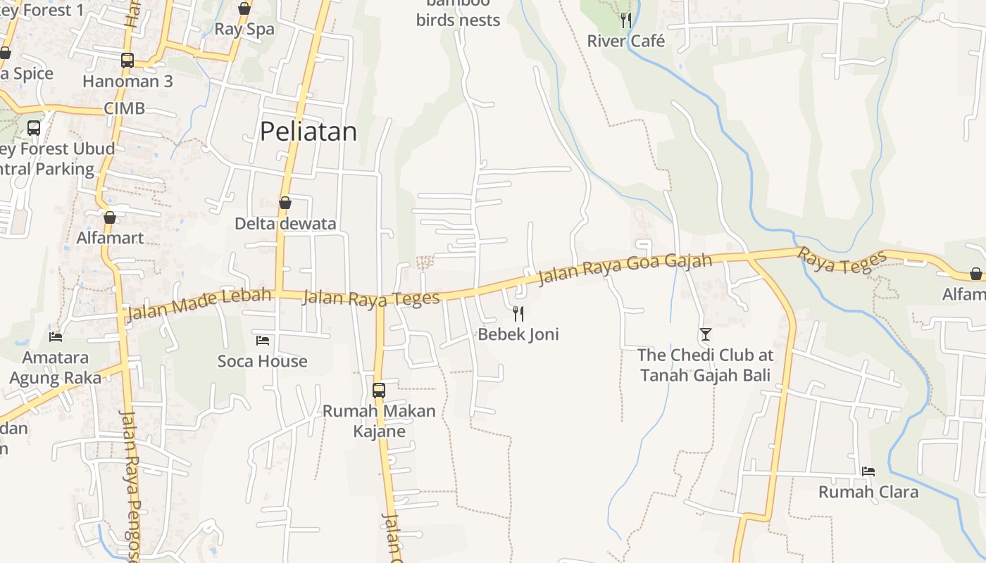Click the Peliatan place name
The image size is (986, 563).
pos(308,132)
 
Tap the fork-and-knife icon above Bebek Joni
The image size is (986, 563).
pos(518,313)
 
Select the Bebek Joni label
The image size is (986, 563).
pos(518,334)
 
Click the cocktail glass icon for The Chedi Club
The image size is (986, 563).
pos(706,334)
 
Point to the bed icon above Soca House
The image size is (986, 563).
pos(263,341)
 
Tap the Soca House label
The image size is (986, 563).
pos(263,361)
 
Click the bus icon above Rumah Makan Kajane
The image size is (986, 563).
pos(379,390)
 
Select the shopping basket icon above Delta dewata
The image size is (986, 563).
pos(285,203)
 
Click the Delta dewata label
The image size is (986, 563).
pos(285,224)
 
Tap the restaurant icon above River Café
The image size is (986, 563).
pos(625,20)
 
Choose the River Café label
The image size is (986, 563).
pos(625,41)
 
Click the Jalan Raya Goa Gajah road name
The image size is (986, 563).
pos(625,270)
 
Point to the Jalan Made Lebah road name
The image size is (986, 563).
pos(199,303)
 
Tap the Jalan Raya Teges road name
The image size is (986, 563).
pos(370,298)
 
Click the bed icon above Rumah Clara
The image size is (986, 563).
pos(868,472)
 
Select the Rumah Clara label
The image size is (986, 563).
pos(868,492)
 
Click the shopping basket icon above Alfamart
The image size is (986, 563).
pos(110,217)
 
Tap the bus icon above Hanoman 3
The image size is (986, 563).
pos(127,61)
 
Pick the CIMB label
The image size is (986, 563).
pos(124,108)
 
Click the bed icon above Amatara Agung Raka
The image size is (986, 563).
pos(56,337)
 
